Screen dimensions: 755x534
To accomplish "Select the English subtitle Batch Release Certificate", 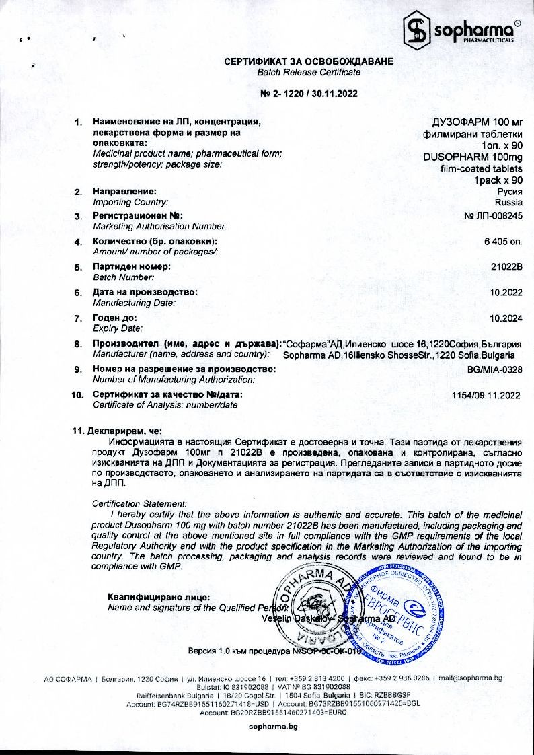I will [x=309, y=72].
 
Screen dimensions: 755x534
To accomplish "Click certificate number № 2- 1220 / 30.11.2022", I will [x=309, y=94].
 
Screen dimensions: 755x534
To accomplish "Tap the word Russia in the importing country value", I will [x=508, y=202].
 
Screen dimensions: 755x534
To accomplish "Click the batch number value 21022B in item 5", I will [x=507, y=267].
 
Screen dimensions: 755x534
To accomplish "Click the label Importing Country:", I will [x=130, y=202].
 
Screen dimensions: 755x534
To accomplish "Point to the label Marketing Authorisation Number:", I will [x=159, y=227].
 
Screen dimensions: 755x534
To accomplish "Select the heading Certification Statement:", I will [x=139, y=503].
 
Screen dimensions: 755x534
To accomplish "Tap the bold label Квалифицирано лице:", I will [x=159, y=597].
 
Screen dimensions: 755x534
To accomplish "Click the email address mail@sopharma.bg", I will [x=470, y=678].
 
